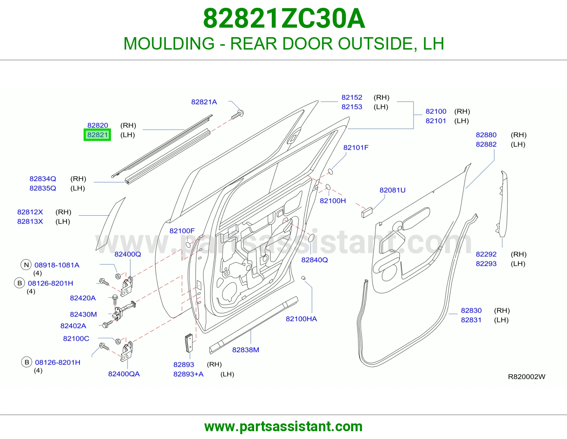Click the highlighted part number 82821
[97, 135]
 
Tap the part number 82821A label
[204, 102]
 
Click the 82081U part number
[392, 190]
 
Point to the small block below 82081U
[367, 212]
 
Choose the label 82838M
[246, 350]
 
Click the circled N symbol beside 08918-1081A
[26, 265]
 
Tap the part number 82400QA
[124, 374]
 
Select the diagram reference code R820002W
[527, 377]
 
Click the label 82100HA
[301, 319]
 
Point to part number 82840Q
[314, 260]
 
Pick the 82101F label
[356, 148]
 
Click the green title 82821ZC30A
[284, 19]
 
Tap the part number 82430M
[83, 314]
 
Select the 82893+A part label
[189, 374]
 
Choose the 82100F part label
[182, 231]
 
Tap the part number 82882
[486, 144]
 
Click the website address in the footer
[283, 427]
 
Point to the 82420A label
[83, 298]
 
